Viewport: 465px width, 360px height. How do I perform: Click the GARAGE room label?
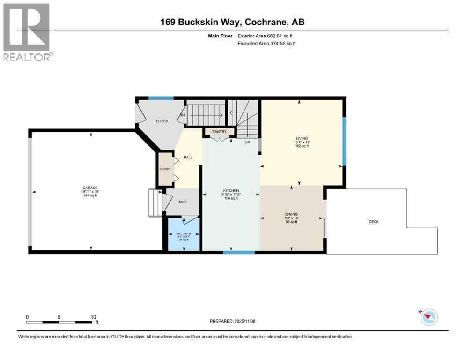coord(91,187)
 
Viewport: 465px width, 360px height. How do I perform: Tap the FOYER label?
coord(162,121)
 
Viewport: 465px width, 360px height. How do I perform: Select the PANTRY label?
coord(219,132)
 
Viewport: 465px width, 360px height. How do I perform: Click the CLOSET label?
coord(165,169)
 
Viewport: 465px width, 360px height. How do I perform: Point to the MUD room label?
coord(183,202)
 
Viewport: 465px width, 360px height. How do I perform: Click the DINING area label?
coord(292,214)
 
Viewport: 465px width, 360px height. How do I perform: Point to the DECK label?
coord(374,222)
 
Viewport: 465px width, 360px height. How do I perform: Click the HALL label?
coord(187,157)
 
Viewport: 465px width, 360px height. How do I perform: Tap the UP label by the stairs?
coord(247,142)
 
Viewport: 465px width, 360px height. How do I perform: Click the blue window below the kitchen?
coord(232,252)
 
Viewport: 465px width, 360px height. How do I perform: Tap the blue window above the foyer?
coord(161,98)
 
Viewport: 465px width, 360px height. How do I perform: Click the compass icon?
coord(428,317)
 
